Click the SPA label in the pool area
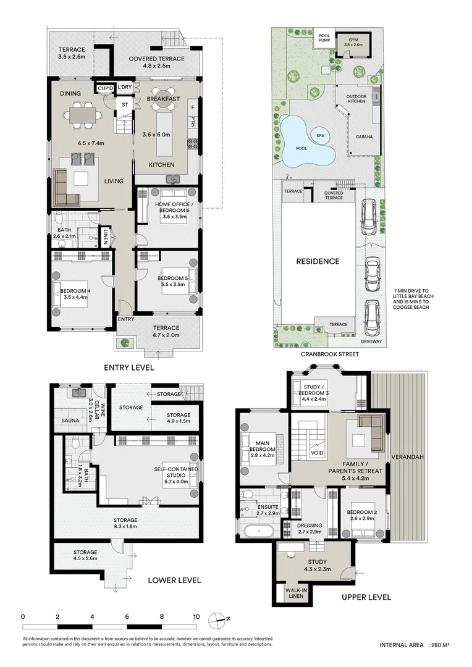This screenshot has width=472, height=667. (320, 136)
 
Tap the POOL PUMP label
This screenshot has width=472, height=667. (324, 38)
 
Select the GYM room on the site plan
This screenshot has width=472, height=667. (352, 43)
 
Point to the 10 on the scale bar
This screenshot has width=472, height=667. (196, 616)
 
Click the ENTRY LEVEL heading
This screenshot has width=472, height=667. (129, 367)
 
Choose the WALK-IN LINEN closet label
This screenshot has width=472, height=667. (296, 593)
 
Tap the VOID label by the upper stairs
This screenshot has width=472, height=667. (317, 453)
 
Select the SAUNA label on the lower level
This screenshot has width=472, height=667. (70, 421)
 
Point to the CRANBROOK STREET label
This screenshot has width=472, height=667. (330, 354)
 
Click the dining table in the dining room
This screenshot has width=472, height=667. (83, 114)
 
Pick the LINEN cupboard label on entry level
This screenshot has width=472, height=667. (106, 237)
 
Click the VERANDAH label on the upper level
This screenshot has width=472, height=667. (407, 457)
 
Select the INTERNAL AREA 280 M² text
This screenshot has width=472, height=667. (415, 645)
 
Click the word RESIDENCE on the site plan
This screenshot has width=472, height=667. (318, 261)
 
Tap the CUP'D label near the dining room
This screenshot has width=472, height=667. (105, 88)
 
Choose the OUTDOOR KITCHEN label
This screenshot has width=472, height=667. (356, 99)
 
